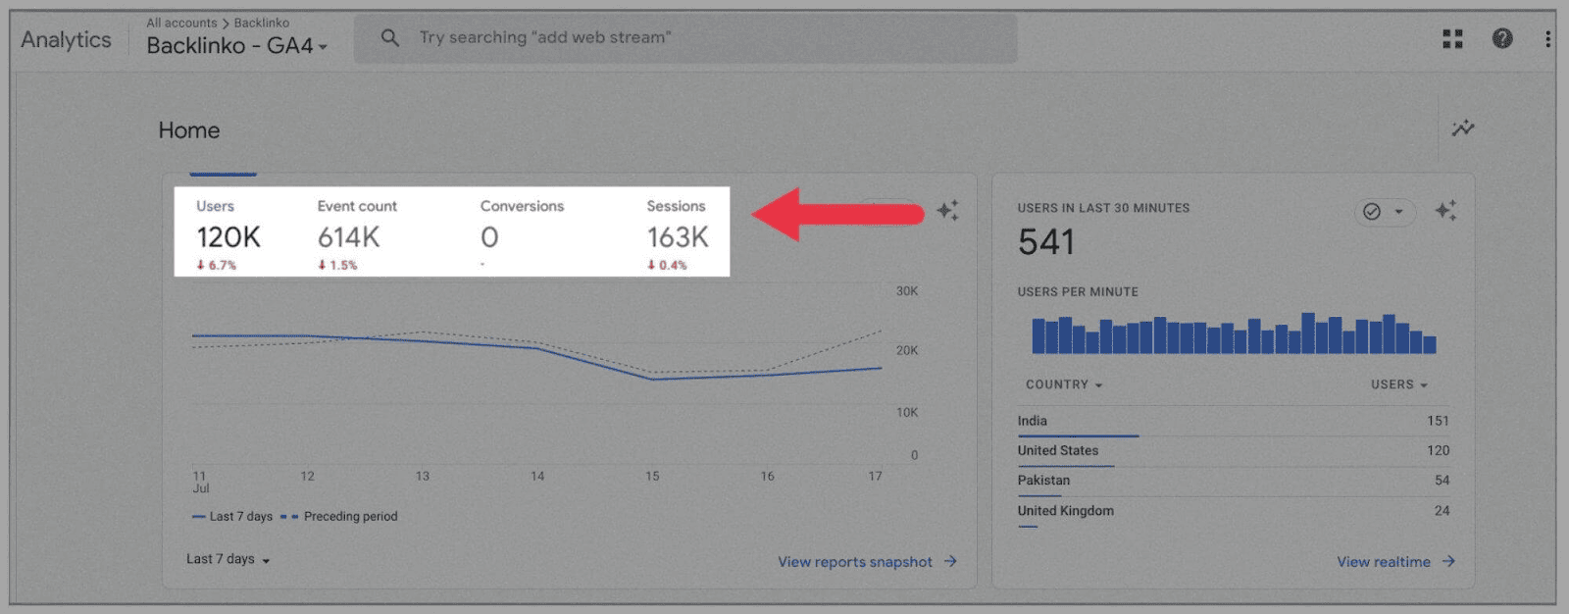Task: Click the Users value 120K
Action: (228, 237)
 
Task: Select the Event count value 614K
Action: (348, 237)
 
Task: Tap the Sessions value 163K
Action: (677, 237)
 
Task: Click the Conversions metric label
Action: (522, 206)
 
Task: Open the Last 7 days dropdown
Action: (228, 559)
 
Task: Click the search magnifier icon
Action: (389, 38)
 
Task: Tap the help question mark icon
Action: (1501, 38)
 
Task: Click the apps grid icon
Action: (1452, 38)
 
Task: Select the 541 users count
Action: (1045, 242)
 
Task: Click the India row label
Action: (1032, 421)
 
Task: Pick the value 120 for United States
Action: (1438, 450)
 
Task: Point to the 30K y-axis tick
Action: (907, 291)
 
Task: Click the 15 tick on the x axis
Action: (652, 476)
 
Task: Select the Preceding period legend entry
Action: (350, 517)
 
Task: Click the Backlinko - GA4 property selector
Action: (236, 45)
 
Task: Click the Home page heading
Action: (189, 130)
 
